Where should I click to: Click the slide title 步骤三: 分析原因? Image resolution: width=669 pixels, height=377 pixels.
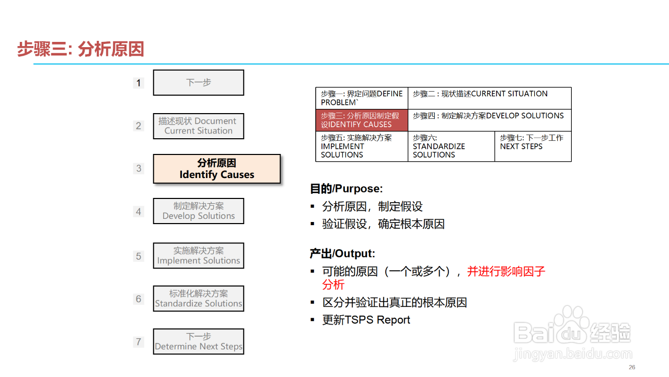coord(80,49)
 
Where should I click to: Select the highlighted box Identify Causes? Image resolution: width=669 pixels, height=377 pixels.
coord(217,169)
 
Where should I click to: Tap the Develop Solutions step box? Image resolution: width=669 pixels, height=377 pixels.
coord(199,211)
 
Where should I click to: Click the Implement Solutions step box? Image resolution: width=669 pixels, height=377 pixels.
coord(199,256)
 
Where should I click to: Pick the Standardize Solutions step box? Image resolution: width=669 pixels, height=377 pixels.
coord(199,298)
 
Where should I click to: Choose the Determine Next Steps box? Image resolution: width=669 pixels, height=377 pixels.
coord(199,341)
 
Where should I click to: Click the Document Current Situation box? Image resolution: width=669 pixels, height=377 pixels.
coord(199,126)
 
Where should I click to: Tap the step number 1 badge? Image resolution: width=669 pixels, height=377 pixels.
coord(139,83)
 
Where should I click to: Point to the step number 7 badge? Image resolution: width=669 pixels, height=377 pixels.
coord(139,342)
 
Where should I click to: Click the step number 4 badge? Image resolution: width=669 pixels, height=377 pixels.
coord(139,212)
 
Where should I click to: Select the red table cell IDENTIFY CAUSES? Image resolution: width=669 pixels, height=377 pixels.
coord(362,120)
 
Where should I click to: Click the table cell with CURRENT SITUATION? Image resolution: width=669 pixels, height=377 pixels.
coord(489,98)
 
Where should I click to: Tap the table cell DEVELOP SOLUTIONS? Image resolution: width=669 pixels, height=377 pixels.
coord(489,120)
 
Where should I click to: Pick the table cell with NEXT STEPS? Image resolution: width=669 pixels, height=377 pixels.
coord(533,146)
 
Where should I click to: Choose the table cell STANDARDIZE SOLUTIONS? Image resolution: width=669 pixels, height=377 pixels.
coord(451,146)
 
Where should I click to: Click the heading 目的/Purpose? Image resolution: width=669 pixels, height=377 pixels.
coord(346,188)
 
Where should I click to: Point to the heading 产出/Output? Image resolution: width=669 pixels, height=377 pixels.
coord(342,253)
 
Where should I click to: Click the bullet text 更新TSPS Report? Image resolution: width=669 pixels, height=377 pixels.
coord(366,320)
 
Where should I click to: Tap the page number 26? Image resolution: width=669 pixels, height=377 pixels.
coord(632,367)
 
